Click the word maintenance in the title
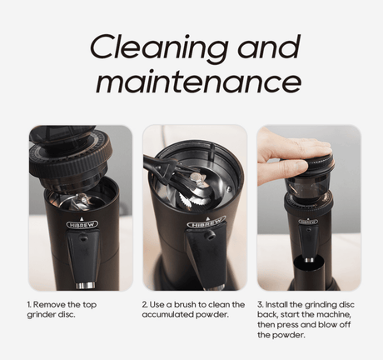coord(199,81)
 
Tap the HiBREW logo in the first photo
coord(82,224)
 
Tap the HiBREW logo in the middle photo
coord(206,223)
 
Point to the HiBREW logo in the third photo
coord(308,222)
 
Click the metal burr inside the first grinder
coord(78,201)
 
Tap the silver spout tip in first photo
coord(86,286)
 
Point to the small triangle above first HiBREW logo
coord(82,218)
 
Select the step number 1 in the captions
coord(28,304)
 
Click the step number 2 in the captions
coord(145,304)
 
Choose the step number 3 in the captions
coord(260,304)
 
